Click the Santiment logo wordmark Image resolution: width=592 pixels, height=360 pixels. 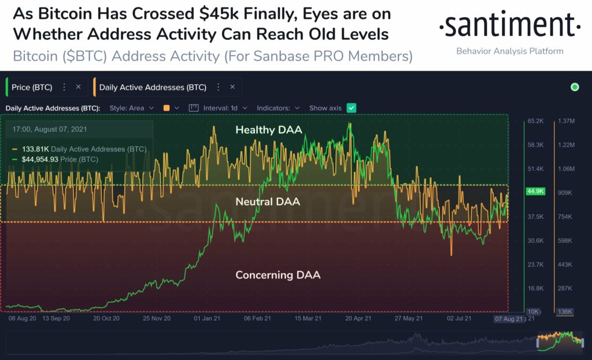pyautogui.click(x=509, y=26)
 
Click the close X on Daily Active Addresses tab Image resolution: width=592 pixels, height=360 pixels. pyautogui.click(x=232, y=87)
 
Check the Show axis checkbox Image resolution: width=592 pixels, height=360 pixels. pyautogui.click(x=351, y=108)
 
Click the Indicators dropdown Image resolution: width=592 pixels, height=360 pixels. pyautogui.click(x=278, y=108)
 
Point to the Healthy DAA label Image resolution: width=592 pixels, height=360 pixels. pyautogui.click(x=268, y=130)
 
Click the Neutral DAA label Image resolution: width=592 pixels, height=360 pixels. pyautogui.click(x=268, y=202)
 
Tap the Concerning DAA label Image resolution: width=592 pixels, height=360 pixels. pyautogui.click(x=277, y=275)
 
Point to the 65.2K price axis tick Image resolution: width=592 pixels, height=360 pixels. pyautogui.click(x=535, y=121)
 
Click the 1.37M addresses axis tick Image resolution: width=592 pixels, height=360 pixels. pyautogui.click(x=566, y=121)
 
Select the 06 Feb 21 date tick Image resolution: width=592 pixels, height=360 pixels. pyautogui.click(x=258, y=318)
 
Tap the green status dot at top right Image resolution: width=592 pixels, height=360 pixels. pyautogui.click(x=575, y=87)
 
